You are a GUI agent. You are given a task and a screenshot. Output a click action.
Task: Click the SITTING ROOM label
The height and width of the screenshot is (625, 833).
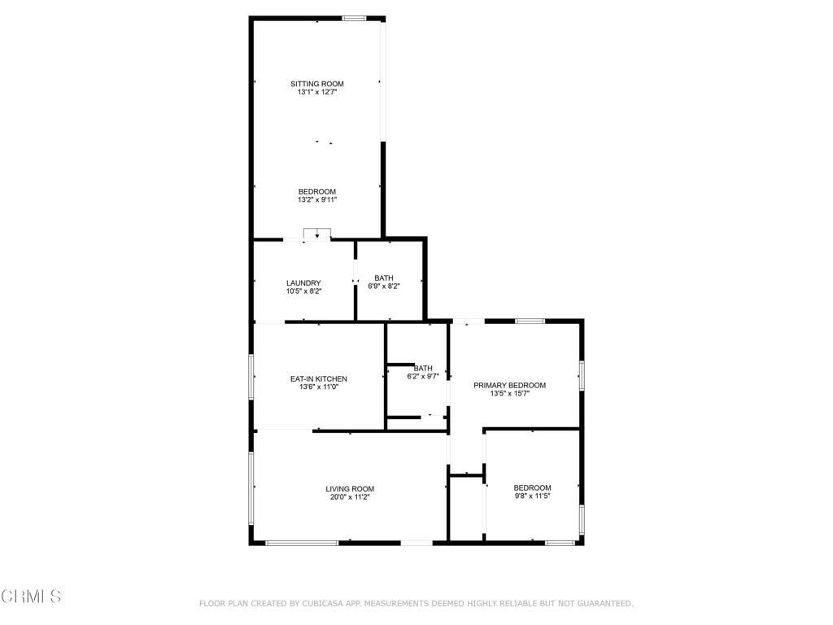pos(317,84)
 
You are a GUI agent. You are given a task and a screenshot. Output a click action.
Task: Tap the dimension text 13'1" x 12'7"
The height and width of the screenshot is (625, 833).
pos(317,93)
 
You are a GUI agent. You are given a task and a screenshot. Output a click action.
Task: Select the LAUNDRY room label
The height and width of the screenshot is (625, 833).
pos(303,283)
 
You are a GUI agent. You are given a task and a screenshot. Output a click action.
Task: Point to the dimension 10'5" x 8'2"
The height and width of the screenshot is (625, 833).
pos(303,292)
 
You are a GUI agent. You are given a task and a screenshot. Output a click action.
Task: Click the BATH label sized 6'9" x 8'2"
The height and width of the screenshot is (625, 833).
pos(384,278)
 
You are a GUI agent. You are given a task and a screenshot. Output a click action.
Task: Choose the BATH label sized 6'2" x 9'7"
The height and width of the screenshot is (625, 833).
pos(423,368)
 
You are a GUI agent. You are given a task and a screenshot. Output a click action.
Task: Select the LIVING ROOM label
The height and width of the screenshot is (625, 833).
pos(350,489)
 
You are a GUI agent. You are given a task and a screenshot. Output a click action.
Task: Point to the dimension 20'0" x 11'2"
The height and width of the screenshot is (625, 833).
pos(350,498)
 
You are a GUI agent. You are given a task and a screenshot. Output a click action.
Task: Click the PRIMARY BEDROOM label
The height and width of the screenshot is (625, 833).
pos(510,386)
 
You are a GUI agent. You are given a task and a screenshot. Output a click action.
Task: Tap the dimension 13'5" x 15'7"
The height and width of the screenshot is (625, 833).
pos(510,395)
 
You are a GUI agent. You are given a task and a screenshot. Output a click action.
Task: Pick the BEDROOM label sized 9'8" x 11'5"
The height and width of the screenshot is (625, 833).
pos(532,488)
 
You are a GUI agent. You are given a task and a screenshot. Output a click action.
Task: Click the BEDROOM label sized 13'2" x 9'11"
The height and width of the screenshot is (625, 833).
pos(317,192)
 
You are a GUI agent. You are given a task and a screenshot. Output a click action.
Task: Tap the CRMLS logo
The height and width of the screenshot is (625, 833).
pos(31,597)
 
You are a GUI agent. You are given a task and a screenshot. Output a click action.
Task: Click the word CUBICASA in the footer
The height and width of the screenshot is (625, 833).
pos(321,604)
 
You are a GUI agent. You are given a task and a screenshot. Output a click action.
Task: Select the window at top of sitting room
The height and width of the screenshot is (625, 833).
pos(354,18)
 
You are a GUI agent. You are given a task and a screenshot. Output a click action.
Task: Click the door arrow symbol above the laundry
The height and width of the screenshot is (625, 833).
pos(317,234)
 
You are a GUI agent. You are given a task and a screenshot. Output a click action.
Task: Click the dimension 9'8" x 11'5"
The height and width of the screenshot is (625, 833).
pos(532,497)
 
